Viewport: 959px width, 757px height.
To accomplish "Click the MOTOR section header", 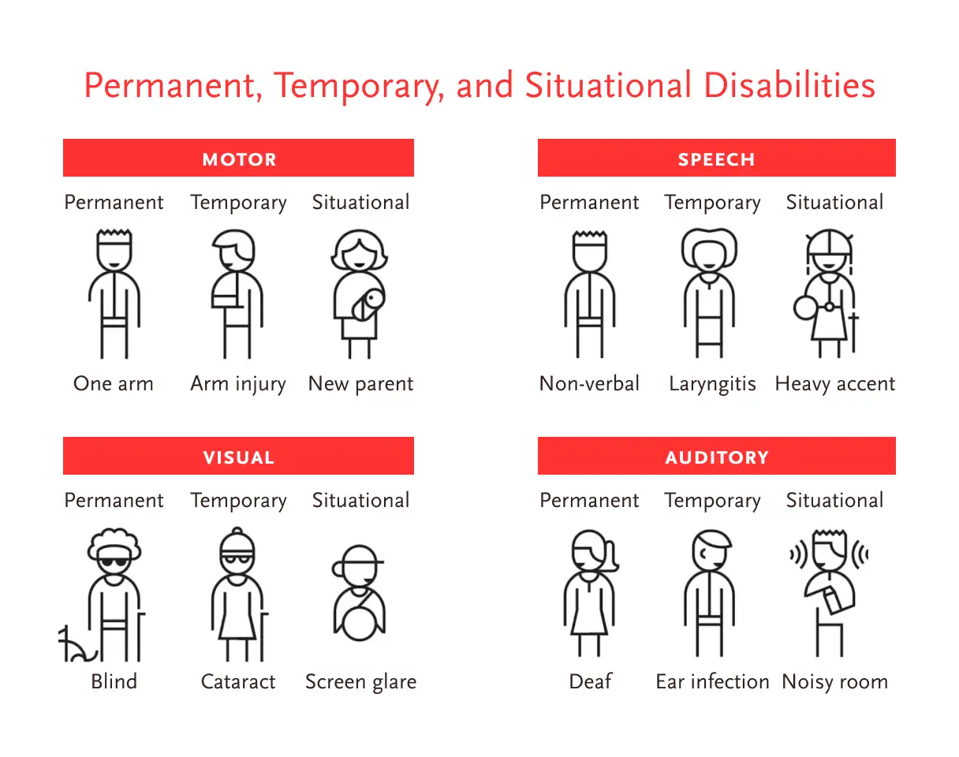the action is point(238,158).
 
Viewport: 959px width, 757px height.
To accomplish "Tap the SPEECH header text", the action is point(716,159).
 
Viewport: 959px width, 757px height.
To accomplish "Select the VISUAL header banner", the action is point(238,455).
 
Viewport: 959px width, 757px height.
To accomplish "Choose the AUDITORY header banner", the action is point(717,455).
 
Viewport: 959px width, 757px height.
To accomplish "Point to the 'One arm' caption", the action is point(114,383).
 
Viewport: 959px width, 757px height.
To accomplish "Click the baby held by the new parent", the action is point(368,304).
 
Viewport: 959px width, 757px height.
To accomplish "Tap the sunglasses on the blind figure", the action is point(114,561).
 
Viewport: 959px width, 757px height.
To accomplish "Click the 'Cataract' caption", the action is point(238,682).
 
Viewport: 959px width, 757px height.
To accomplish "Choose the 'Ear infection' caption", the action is point(712,682).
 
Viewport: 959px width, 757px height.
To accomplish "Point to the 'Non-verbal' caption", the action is point(589,383).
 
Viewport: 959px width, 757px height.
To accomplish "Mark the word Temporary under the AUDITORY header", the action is point(712,502).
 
